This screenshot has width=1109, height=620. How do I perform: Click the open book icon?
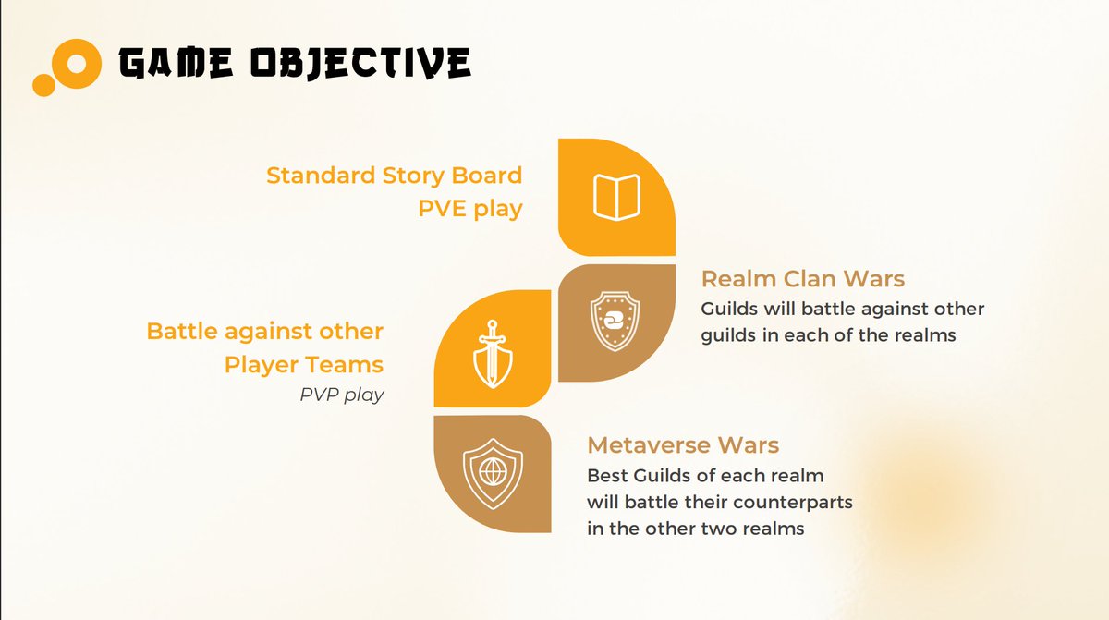pos(616,197)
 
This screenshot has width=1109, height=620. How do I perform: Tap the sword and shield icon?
pos(492,350)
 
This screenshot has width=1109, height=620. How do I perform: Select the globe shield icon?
pos(492,473)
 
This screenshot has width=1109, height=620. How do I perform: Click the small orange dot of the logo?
pos(43,85)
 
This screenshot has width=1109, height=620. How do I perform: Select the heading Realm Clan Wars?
pos(802,278)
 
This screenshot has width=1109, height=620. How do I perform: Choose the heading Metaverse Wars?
pos(683,445)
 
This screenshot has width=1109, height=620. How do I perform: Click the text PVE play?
pos(469,209)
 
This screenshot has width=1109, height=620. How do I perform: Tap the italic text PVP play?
pos(342,395)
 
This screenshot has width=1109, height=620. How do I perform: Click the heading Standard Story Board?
pos(394,175)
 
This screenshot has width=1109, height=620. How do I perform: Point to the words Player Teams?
pos(303,364)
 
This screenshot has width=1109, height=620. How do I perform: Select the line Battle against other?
pos(264,331)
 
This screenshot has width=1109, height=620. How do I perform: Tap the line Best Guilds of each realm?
pos(705,477)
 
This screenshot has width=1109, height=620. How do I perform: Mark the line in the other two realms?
pos(695,529)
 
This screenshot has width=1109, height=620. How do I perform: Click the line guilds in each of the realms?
pos(828,335)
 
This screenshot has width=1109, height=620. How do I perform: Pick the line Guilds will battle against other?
pos(843,309)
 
